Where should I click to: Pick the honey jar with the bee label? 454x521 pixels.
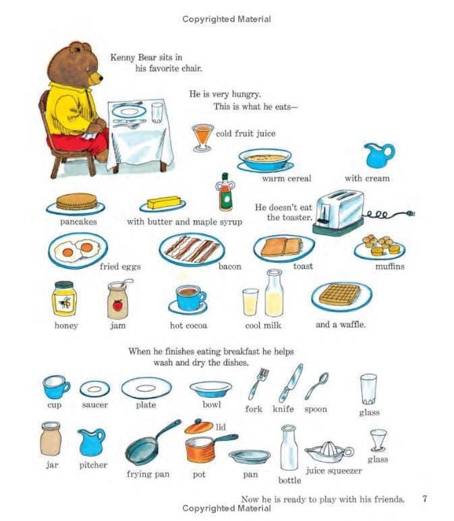click(x=64, y=299)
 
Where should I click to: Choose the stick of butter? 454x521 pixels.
click(x=164, y=202)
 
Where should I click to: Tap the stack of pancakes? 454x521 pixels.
click(x=75, y=202)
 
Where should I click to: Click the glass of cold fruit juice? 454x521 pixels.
click(x=202, y=136)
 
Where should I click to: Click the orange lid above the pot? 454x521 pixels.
click(x=198, y=426)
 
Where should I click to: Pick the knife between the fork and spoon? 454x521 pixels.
click(x=291, y=382)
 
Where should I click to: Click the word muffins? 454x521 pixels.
click(x=390, y=266)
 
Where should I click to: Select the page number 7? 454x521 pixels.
click(x=424, y=499)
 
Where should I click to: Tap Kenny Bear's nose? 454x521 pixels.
click(x=100, y=76)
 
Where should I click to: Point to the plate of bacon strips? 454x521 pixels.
click(x=192, y=249)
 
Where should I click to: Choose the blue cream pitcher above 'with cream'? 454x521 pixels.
click(x=378, y=155)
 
